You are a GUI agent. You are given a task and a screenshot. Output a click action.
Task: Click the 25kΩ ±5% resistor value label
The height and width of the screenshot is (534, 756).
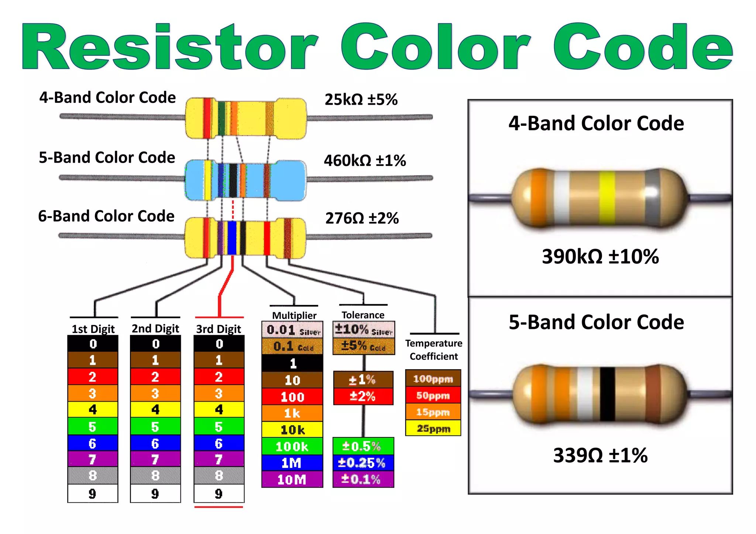[x=361, y=100]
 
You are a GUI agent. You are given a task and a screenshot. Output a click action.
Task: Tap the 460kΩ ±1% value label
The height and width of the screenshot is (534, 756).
[x=365, y=160]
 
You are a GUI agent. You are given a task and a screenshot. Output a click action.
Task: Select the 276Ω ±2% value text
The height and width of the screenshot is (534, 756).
[x=362, y=218]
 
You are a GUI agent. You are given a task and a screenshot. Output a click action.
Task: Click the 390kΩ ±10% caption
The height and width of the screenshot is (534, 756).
[x=600, y=256]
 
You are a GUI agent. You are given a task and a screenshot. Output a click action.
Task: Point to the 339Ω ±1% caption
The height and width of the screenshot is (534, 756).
[x=600, y=455]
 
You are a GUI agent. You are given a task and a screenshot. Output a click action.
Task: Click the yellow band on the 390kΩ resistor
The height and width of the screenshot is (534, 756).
[x=607, y=197]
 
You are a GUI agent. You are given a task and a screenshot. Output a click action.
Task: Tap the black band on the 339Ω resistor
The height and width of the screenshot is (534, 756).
[x=607, y=394]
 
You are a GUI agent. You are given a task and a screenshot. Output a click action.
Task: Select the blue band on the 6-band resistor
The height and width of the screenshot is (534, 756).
[x=232, y=238]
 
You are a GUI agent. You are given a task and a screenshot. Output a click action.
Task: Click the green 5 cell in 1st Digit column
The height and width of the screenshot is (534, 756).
[x=93, y=426]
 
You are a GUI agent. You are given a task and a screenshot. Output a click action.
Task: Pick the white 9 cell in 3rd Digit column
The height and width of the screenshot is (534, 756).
[x=219, y=493]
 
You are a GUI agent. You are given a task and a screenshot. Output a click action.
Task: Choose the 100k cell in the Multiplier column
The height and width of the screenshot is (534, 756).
[x=292, y=446]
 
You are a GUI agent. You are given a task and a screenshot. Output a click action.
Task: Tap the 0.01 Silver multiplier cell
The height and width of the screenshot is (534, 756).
[x=292, y=330]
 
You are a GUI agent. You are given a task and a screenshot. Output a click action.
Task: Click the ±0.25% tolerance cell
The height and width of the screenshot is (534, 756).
[x=363, y=463]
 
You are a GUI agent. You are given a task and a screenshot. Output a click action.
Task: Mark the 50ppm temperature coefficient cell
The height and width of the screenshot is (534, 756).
[x=433, y=395]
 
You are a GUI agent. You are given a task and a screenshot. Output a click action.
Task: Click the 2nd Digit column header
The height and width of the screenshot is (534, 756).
[x=155, y=329]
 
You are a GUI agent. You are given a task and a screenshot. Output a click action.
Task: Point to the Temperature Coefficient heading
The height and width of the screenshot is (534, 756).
[x=434, y=350]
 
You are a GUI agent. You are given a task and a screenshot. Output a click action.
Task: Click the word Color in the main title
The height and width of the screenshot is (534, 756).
[x=436, y=47]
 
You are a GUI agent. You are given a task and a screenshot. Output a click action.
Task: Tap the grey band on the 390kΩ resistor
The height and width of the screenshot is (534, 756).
[x=652, y=197]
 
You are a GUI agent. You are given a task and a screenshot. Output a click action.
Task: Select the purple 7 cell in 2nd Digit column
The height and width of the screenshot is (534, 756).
[x=155, y=460]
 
